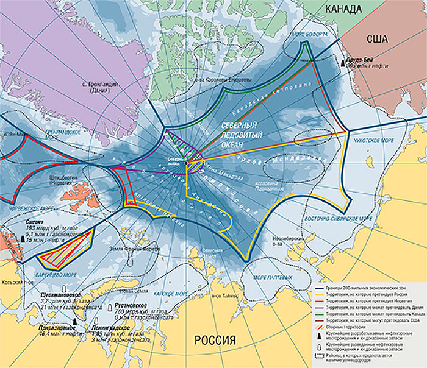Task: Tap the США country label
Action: [378, 38]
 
